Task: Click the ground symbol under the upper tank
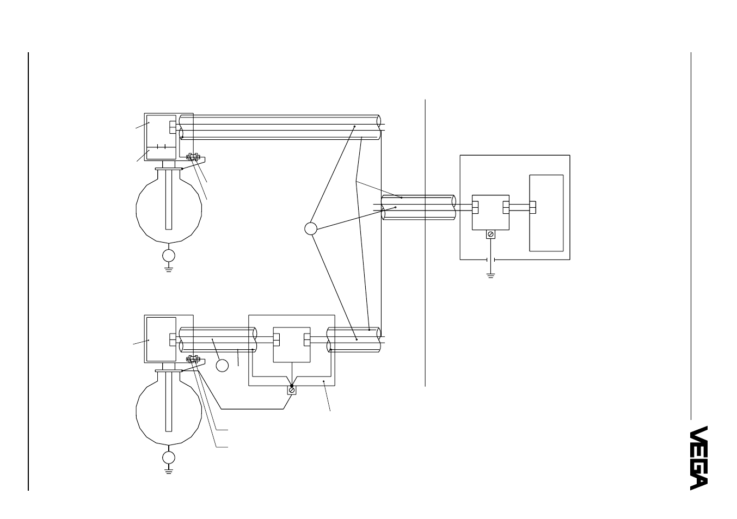[x=169, y=270]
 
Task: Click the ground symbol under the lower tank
[x=169, y=472]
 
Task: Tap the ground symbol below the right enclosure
[x=490, y=276]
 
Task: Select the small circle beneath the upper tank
[x=169, y=256]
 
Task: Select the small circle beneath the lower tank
[x=169, y=458]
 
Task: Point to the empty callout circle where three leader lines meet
[x=311, y=228]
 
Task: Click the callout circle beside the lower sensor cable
[x=222, y=366]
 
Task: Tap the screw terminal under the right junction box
[x=490, y=234]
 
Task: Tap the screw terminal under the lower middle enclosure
[x=292, y=390]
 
